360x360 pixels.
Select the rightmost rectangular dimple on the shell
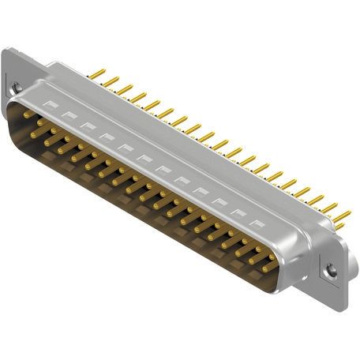[255, 223]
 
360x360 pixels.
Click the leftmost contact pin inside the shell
[26, 114]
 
